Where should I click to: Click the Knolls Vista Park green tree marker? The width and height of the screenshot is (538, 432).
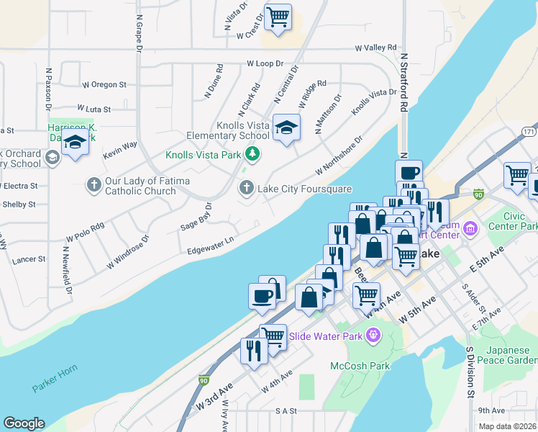[x=252, y=153]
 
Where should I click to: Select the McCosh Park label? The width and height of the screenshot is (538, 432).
[x=360, y=366]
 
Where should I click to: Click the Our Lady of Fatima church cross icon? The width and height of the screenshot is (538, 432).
[x=94, y=185]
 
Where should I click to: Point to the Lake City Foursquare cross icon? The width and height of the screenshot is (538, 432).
[x=246, y=188]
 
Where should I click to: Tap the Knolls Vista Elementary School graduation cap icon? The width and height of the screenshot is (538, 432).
[x=286, y=128]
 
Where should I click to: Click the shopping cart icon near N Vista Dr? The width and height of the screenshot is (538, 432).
[x=277, y=16]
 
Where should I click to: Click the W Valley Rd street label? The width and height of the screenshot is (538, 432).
[x=375, y=48]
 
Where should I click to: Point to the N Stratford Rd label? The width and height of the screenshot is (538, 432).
[x=404, y=81]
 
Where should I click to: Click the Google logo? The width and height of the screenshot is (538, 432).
[x=24, y=423]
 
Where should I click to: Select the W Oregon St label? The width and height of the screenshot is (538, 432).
[x=104, y=85]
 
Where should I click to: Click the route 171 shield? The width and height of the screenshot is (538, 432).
[x=529, y=132]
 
